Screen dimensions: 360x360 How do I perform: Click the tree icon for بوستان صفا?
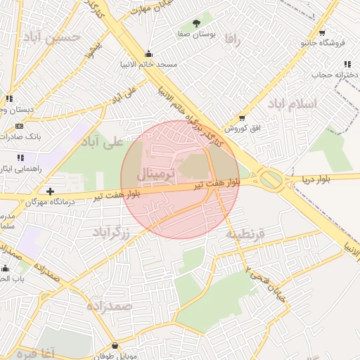point(205,25)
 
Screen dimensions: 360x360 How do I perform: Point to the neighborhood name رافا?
point(233,40)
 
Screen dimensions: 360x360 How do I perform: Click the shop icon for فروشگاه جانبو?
point(322,33)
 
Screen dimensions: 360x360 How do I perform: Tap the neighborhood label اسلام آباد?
point(292,104)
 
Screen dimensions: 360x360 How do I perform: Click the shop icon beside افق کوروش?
point(242,118)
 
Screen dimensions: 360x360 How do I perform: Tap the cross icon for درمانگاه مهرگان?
point(50,191)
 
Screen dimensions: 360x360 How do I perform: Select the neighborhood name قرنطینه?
point(245,233)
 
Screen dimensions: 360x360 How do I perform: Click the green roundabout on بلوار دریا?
point(272,181)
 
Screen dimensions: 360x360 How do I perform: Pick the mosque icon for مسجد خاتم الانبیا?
point(148,53)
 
